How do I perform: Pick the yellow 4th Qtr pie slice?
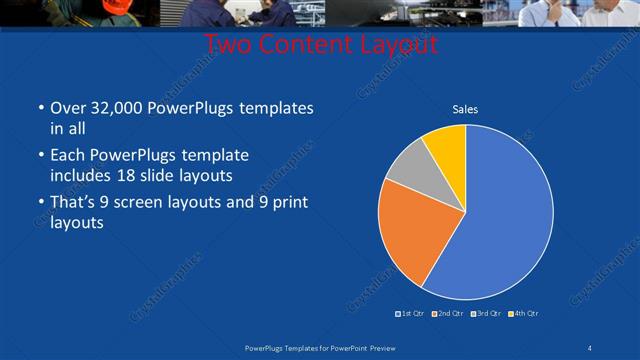446,146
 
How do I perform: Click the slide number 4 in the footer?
591,346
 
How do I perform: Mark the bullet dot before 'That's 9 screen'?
39,204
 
